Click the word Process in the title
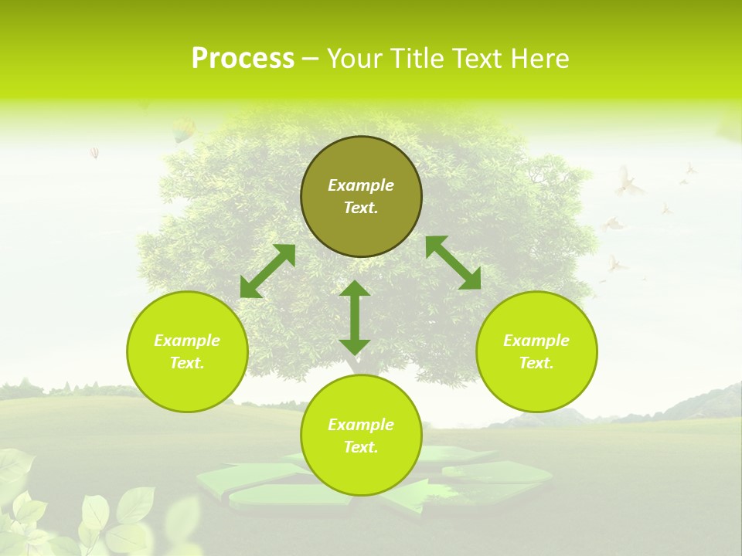pos(243,59)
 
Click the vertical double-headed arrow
pos(355,318)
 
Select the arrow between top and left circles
pos(268,271)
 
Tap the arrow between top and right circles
pos(454,263)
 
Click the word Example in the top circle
pos(361,185)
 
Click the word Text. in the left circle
pos(187,363)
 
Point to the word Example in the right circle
pos(536,341)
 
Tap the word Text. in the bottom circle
pos(361,447)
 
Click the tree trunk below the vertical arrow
pos(355,365)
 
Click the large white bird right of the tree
pos(628,184)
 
